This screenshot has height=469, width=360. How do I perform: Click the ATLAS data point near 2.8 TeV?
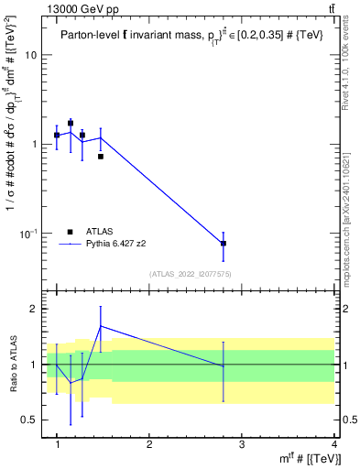(x=224, y=244)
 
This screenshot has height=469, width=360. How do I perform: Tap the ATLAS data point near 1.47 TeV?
(x=101, y=157)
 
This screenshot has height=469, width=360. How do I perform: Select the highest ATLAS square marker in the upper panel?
(x=71, y=123)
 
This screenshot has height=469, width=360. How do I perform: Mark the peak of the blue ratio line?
(x=101, y=325)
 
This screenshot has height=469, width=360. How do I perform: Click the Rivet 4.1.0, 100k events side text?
(x=352, y=64)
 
